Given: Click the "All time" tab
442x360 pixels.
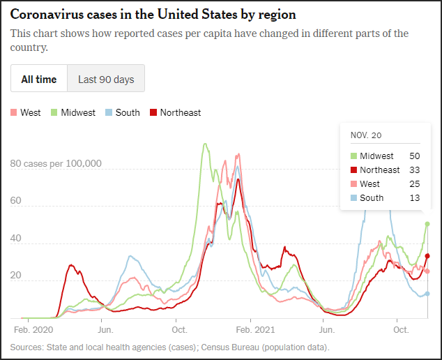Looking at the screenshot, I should point(39,79).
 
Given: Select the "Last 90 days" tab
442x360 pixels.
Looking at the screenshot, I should point(106,79).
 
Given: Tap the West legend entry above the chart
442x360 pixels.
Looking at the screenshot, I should point(26,112).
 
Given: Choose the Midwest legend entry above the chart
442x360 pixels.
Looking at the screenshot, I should point(73,112).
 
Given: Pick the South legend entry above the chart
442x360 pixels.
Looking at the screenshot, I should point(123,112).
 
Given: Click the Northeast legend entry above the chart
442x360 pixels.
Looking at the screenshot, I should point(175,112).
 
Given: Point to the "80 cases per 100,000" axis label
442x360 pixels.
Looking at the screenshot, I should point(56,164).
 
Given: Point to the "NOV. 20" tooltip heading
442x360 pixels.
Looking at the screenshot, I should point(367,135).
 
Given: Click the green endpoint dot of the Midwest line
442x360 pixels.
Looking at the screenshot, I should point(427,224).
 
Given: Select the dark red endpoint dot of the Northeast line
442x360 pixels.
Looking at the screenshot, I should point(427,256).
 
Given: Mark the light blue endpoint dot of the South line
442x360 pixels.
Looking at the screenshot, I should point(427,294).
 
